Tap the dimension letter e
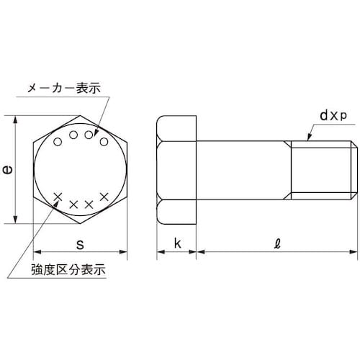click(x=8, y=170)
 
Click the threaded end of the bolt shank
click(x=324, y=169)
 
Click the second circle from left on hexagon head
click(x=73, y=134)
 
